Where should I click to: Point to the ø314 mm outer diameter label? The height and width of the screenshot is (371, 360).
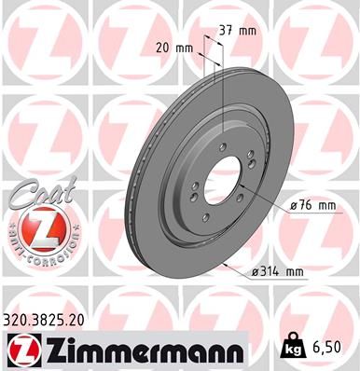279,272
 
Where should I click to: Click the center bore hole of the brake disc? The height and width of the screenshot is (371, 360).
217,176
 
